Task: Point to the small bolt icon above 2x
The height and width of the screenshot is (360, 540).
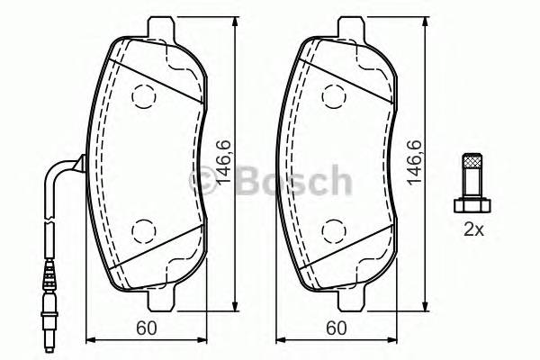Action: click(x=471, y=180)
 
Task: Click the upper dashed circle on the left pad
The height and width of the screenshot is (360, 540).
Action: click(x=143, y=94)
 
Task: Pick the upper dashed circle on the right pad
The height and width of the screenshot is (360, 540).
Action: click(x=333, y=94)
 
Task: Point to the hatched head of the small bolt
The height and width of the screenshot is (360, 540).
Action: click(x=471, y=167)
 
